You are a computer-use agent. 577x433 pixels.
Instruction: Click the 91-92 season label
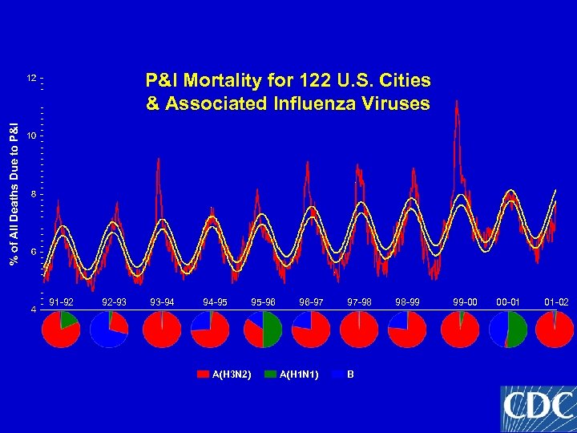(61, 302)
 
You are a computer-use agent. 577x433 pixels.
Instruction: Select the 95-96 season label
(264, 302)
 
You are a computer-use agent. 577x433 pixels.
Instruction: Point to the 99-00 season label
(465, 302)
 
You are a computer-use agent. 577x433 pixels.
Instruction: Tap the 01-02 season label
(556, 302)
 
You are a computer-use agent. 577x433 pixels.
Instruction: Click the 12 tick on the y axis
(31, 79)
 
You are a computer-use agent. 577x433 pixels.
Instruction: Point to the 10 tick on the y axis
(31, 136)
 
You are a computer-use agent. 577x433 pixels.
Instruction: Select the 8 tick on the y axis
(33, 195)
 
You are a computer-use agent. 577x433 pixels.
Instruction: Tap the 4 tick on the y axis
(33, 310)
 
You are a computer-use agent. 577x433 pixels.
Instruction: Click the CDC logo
(538, 408)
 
